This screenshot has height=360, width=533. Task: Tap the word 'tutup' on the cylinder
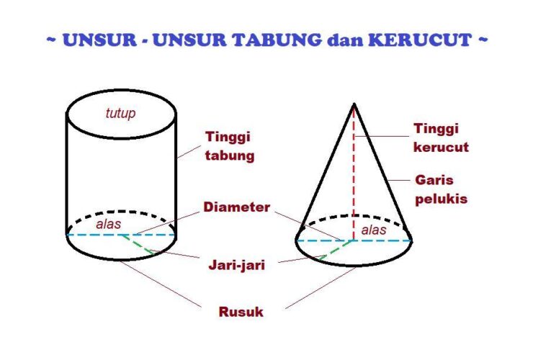tap(120, 113)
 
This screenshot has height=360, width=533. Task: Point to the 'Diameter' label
tap(237, 207)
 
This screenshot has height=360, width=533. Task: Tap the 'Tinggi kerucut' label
tap(441, 138)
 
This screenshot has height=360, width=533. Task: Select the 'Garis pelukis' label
tap(441, 189)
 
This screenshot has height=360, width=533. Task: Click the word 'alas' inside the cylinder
tap(109, 224)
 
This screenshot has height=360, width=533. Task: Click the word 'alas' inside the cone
tap(374, 230)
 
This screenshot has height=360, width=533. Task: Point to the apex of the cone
tap(354, 105)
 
